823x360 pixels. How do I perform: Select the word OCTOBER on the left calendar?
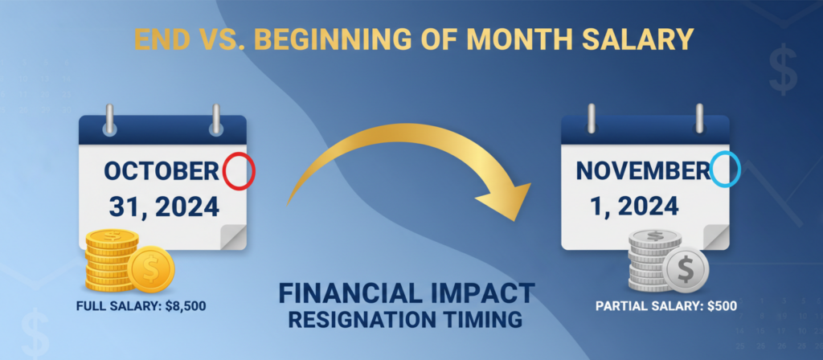pyautogui.click(x=161, y=172)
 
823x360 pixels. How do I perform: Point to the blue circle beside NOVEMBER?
pyautogui.click(x=725, y=170)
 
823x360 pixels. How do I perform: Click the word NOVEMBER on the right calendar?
pyautogui.click(x=643, y=170)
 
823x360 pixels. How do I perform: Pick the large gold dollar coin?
pyautogui.click(x=150, y=270)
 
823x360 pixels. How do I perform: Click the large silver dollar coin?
pyautogui.click(x=686, y=270)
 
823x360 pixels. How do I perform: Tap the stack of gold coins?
pyautogui.click(x=111, y=260)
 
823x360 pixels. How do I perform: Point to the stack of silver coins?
pyautogui.click(x=653, y=260)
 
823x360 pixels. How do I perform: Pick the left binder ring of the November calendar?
pyautogui.click(x=592, y=119)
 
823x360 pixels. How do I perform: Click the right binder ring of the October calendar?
pyautogui.click(x=215, y=119)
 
